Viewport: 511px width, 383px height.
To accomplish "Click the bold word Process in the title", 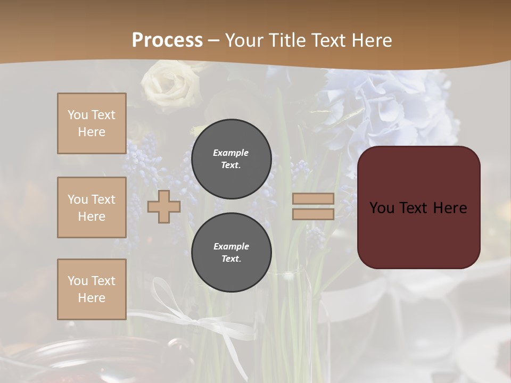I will click(x=167, y=40).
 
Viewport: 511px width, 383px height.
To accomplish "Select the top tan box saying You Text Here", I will click(x=92, y=123).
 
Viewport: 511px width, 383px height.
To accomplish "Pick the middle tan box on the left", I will click(x=92, y=207).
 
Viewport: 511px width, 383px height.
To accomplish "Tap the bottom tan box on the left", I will click(x=92, y=289).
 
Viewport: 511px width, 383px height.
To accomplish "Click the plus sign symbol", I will click(x=164, y=207).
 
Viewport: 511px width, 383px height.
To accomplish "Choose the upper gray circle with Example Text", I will click(x=231, y=159).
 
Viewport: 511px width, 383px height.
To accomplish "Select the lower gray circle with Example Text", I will click(x=231, y=252).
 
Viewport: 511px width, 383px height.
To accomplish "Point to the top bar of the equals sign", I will click(x=314, y=199).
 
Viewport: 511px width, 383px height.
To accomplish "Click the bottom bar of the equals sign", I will click(x=314, y=214).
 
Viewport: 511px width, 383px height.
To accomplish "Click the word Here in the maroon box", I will click(x=449, y=208).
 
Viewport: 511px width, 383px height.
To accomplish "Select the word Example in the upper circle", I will click(x=230, y=153).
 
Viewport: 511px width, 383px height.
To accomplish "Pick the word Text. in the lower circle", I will click(x=231, y=259).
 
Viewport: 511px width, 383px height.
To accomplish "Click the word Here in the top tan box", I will click(x=92, y=132).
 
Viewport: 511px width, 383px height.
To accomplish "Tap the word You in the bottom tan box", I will click(x=78, y=280).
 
